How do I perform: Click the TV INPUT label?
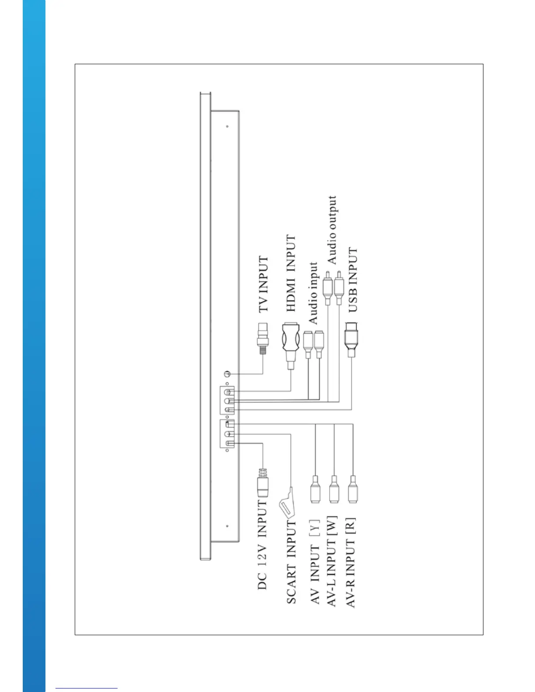click(263, 284)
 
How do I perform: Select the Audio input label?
click(313, 293)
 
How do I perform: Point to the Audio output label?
click(332, 230)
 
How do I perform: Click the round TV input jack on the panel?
click(226, 374)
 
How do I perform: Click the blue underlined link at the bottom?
click(87, 688)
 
